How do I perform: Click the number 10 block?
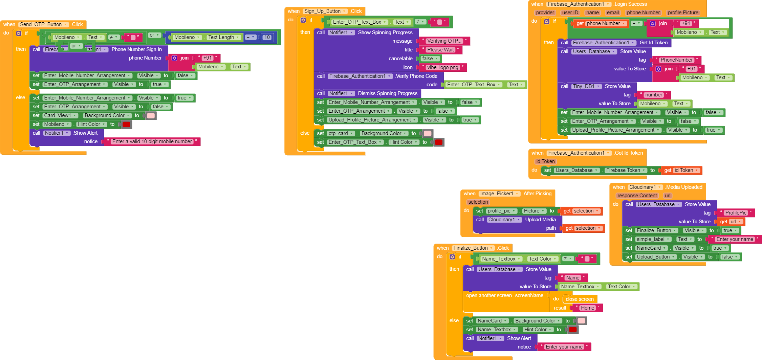click(x=267, y=38)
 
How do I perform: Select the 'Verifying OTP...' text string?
click(x=443, y=41)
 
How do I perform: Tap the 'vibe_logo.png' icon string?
click(x=442, y=67)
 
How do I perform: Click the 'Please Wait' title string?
click(x=440, y=50)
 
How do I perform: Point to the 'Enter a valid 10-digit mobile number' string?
click(x=152, y=141)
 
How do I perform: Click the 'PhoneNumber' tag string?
click(x=676, y=60)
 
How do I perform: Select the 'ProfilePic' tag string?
click(x=736, y=213)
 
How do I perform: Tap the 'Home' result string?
click(x=587, y=308)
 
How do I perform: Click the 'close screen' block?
click(x=580, y=299)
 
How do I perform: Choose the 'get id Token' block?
click(x=681, y=170)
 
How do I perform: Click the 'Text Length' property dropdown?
click(x=224, y=37)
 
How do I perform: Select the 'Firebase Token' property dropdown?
click(x=626, y=170)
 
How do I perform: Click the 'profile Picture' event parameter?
click(x=683, y=13)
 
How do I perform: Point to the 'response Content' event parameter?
click(x=637, y=196)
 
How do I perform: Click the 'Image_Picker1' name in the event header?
click(x=499, y=194)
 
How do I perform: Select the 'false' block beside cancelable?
click(x=430, y=59)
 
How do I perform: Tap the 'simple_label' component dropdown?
click(x=653, y=239)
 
